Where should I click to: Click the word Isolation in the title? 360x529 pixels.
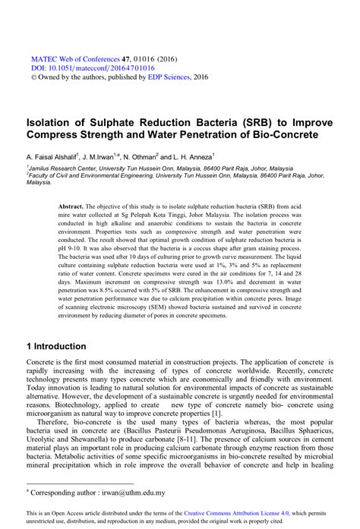[52, 121]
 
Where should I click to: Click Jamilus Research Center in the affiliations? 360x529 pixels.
[61, 168]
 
